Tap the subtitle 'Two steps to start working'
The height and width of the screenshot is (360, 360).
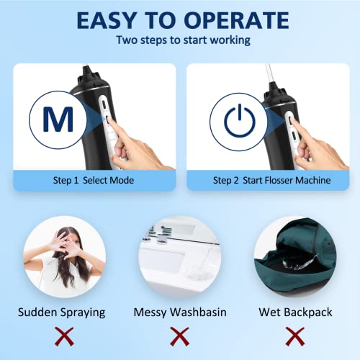point(179,40)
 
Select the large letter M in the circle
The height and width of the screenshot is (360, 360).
point(53,119)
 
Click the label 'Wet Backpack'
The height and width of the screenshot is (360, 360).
point(294,312)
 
